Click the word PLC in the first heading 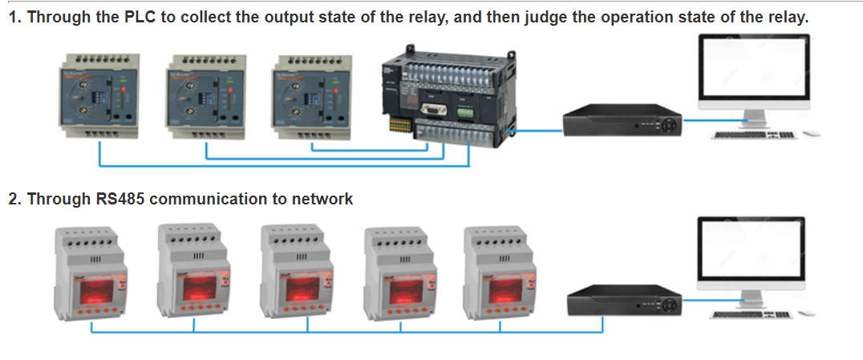141,17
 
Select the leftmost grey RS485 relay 91,273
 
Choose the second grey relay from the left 195,273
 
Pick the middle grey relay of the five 298,273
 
